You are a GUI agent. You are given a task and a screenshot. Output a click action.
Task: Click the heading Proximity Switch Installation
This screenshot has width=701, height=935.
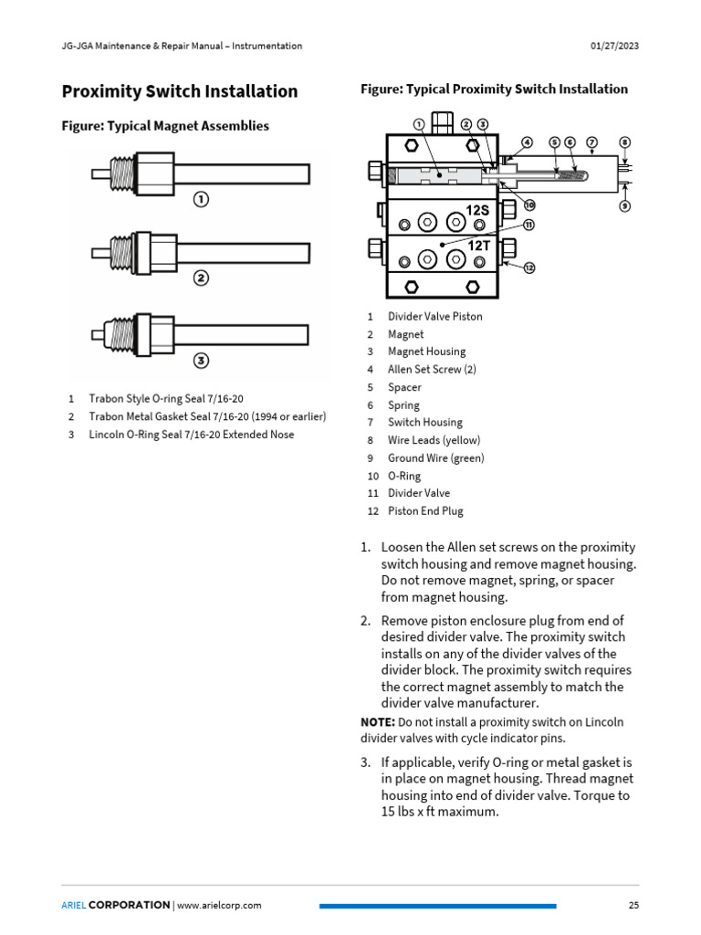pyautogui.click(x=179, y=91)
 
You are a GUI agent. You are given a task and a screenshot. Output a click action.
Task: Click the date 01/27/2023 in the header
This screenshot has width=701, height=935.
pyautogui.click(x=610, y=46)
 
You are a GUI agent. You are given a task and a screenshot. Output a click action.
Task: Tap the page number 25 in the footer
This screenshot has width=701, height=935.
pyautogui.click(x=633, y=905)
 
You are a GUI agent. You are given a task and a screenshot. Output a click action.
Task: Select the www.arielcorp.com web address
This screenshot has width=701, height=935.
pyautogui.click(x=219, y=905)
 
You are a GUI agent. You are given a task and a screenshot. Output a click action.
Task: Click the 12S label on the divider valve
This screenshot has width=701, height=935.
pyautogui.click(x=477, y=211)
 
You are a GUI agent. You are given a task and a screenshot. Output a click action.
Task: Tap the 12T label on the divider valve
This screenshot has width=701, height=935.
pyautogui.click(x=478, y=246)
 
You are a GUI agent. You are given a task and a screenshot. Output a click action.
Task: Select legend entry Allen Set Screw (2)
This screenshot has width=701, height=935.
pyautogui.click(x=432, y=370)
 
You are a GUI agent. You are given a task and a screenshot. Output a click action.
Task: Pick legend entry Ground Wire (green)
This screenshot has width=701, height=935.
pyautogui.click(x=435, y=458)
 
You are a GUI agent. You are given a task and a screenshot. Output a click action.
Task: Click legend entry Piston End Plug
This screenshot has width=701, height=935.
pyautogui.click(x=425, y=511)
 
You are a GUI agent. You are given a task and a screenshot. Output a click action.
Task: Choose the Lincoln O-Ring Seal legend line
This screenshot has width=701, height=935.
pyautogui.click(x=191, y=435)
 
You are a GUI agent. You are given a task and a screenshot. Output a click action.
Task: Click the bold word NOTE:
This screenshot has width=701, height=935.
pyautogui.click(x=378, y=721)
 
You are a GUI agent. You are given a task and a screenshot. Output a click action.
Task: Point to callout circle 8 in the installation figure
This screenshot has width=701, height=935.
pyautogui.click(x=624, y=142)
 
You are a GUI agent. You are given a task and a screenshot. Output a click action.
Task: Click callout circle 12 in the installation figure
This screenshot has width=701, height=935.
pyautogui.click(x=528, y=268)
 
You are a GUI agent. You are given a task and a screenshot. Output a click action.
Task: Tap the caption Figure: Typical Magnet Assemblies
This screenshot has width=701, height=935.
pyautogui.click(x=165, y=126)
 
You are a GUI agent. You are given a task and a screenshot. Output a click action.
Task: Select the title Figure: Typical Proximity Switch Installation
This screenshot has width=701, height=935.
pyautogui.click(x=494, y=89)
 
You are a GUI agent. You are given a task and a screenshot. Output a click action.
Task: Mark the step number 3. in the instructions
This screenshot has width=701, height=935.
pyautogui.click(x=365, y=762)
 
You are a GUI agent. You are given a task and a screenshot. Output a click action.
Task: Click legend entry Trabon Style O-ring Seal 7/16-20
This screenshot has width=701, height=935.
pyautogui.click(x=165, y=399)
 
